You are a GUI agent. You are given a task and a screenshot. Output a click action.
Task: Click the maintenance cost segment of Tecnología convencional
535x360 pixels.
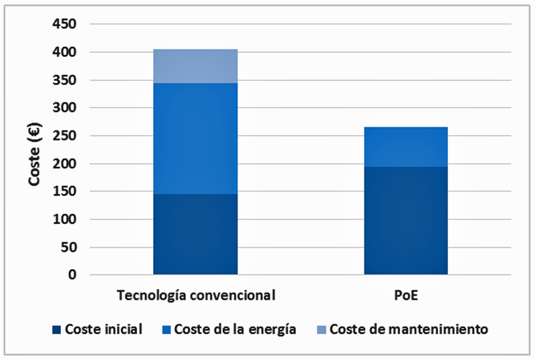coord(195,66)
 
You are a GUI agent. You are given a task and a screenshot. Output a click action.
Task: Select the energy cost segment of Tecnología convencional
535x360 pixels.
coord(195,139)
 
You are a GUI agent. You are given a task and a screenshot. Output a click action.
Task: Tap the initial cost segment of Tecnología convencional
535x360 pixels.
coord(195,234)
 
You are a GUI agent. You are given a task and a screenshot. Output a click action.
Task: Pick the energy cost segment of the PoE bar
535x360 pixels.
coord(406,147)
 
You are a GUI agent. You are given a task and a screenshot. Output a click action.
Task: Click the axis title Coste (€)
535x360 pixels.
coord(35,150)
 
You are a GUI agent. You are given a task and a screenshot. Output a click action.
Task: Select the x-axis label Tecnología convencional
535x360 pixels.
coord(195,295)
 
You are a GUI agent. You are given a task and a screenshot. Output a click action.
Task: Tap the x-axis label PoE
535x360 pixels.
coord(406,295)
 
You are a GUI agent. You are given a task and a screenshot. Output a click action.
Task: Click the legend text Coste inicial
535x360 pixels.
coord(104,329)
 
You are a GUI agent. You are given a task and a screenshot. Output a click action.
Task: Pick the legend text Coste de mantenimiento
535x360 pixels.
coord(409,329)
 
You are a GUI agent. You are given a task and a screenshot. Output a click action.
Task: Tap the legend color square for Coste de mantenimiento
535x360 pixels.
coord(322,329)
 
